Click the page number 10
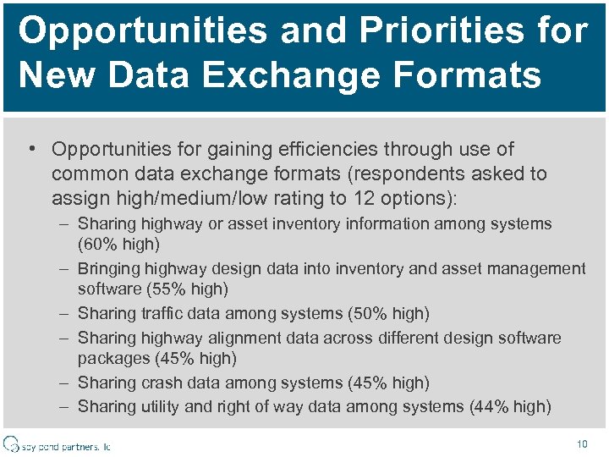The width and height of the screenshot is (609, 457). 581,443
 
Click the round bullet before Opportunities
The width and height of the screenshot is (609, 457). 30,150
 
